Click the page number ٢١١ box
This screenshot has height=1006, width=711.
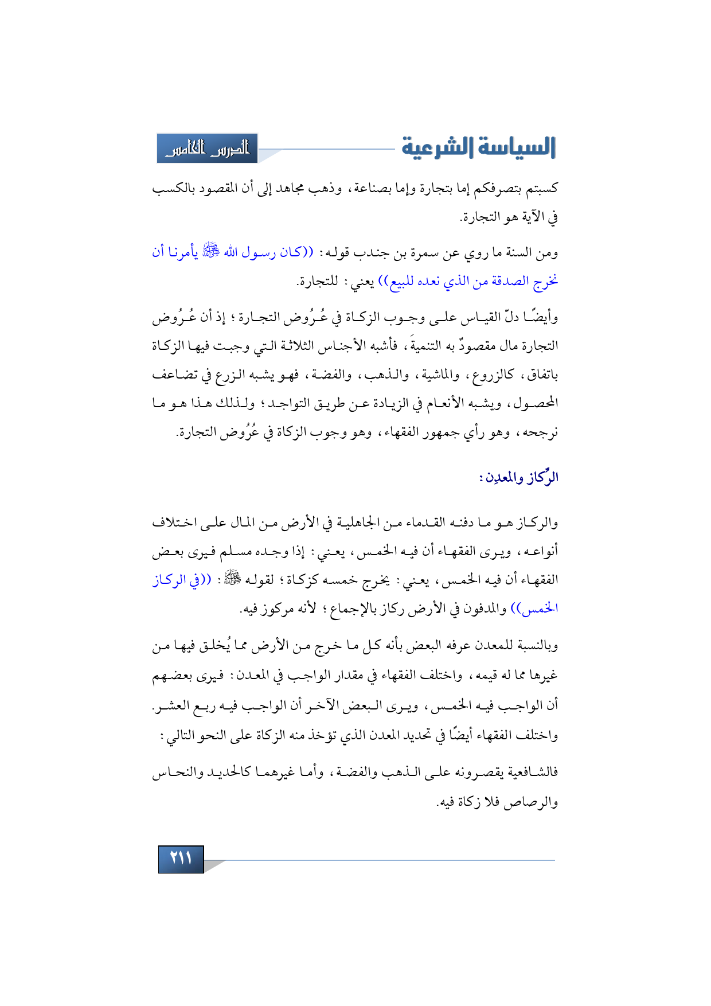coord(181,859)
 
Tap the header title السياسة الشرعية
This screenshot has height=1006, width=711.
coord(478,147)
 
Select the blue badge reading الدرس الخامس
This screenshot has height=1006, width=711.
coord(208,149)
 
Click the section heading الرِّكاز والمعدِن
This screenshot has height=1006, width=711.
coord(519,478)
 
